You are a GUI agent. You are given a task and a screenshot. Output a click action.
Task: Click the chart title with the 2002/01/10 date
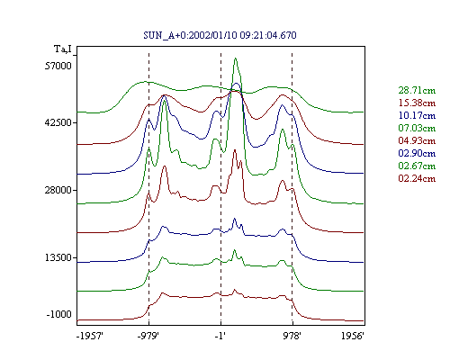point(220,35)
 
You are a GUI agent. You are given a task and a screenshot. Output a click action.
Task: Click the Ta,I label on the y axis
point(63,49)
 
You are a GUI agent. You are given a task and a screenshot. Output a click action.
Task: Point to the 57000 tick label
point(58,66)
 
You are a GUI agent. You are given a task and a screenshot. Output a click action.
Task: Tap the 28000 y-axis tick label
point(58,190)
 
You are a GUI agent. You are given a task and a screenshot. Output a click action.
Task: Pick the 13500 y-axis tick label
point(58,257)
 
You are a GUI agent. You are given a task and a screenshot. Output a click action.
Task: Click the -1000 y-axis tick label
point(59,314)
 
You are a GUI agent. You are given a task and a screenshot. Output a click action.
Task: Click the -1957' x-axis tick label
point(90,336)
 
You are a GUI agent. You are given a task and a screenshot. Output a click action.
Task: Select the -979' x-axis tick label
point(148,336)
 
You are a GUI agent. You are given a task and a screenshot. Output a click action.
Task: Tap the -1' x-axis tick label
point(220,336)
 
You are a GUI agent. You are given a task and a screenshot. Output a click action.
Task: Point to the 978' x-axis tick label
point(292,336)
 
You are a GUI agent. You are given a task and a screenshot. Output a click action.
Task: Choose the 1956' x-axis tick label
point(353,336)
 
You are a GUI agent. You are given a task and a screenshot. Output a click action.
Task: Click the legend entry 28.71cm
point(417,90)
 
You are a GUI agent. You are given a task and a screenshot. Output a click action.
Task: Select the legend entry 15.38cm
point(417,103)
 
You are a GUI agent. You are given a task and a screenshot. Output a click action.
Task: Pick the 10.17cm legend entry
point(417,115)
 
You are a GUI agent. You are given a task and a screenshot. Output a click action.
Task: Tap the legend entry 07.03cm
point(417,128)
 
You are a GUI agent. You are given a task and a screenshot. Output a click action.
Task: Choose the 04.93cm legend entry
point(417,140)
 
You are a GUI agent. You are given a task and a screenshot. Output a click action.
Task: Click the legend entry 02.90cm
point(417,153)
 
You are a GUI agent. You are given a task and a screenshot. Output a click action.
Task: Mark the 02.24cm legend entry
point(417,178)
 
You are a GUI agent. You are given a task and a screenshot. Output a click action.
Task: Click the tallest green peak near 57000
point(236,58)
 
